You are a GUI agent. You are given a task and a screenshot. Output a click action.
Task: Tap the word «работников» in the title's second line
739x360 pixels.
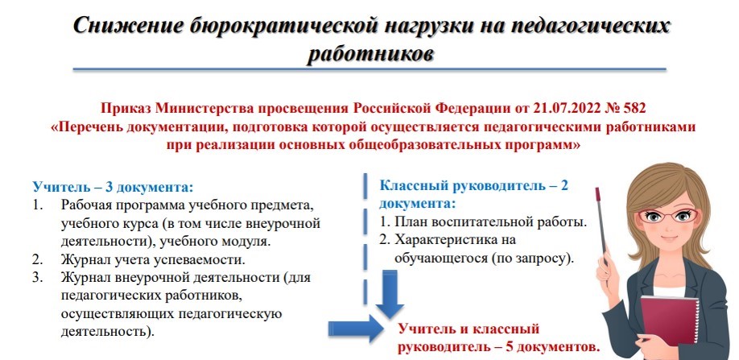369,53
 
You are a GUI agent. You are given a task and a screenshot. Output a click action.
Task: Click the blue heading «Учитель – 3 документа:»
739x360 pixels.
113,186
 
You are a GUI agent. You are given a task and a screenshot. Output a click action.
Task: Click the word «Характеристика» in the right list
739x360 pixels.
443,240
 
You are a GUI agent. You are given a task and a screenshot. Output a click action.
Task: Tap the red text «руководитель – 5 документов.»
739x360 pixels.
500,348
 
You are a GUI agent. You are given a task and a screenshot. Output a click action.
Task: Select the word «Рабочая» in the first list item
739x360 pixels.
86,205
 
